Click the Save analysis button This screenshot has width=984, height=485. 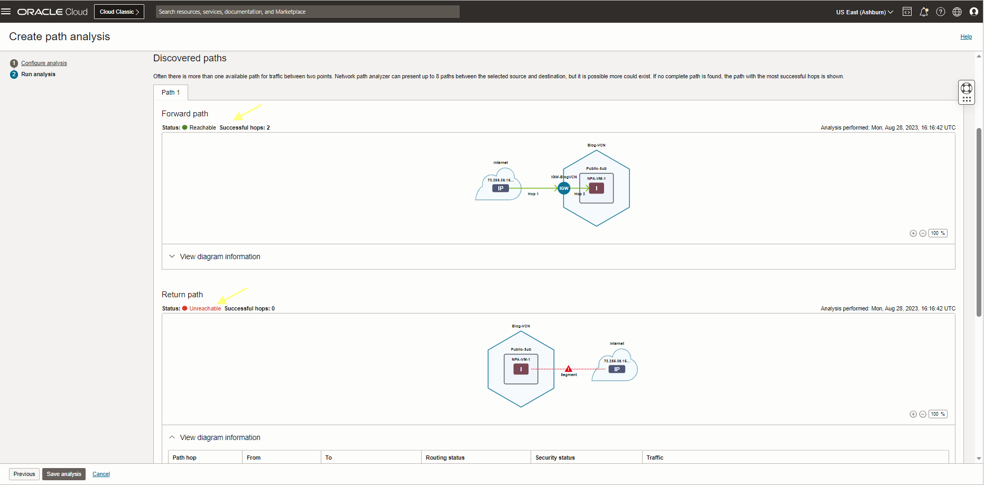64,474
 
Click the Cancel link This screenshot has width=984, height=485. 101,474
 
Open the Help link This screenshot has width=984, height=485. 966,36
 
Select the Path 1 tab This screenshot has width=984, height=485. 171,92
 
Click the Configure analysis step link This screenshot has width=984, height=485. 44,63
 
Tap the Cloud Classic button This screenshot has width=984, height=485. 119,12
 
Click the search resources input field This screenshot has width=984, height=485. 307,12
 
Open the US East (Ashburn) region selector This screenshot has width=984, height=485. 864,12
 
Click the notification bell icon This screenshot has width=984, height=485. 924,12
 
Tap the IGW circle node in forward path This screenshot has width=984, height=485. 564,188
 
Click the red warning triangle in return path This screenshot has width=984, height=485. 569,369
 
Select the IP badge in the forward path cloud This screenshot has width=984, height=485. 500,188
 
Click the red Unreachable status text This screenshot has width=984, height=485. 205,308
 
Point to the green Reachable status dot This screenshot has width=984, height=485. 185,127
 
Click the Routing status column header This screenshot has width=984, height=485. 445,457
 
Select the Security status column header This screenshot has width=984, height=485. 555,457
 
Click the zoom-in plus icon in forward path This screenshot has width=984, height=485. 913,233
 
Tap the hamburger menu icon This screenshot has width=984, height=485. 6,11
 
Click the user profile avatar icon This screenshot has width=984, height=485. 973,12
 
